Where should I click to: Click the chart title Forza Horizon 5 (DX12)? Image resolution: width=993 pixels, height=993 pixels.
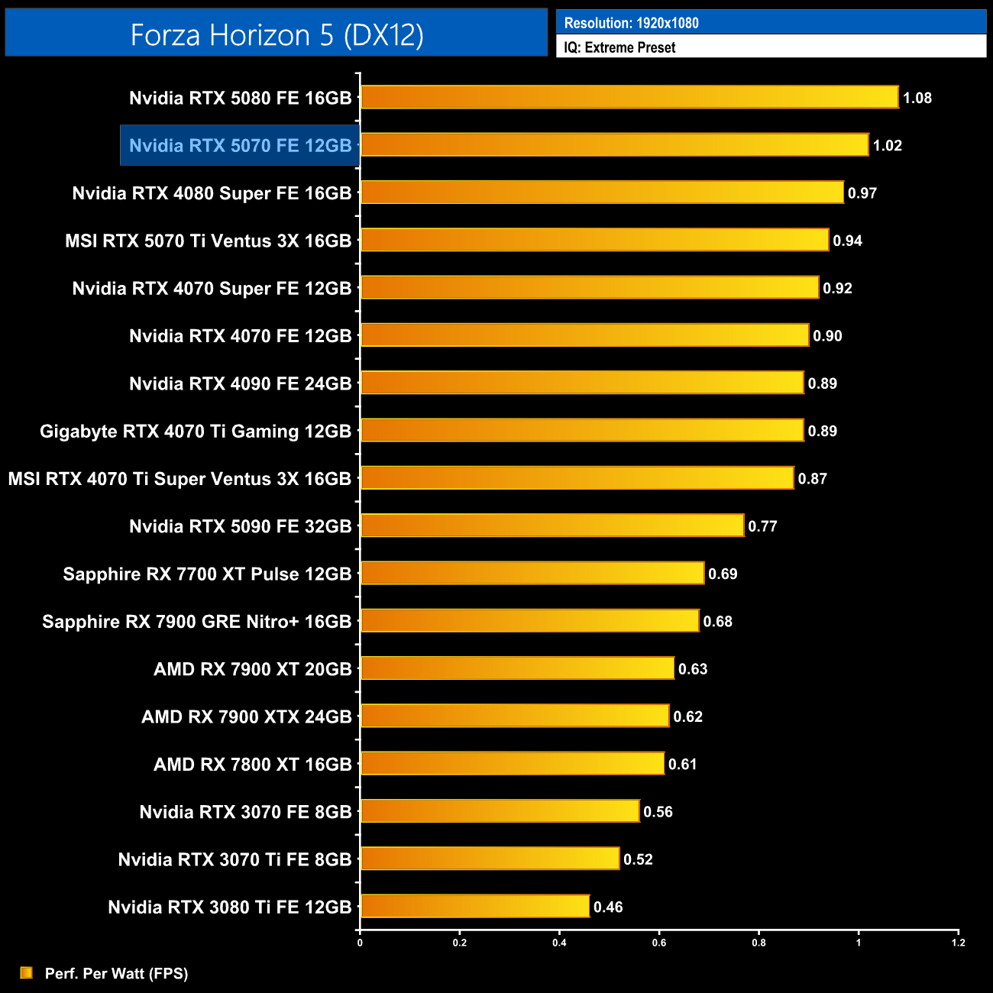click(x=277, y=35)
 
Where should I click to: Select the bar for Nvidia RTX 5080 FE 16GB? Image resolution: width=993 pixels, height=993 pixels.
click(x=629, y=98)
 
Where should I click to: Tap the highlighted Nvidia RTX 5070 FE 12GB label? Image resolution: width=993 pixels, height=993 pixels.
click(x=240, y=145)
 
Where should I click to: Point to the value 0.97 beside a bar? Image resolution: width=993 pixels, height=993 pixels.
click(x=862, y=193)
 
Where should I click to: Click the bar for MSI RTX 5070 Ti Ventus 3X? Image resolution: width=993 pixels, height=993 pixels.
click(x=594, y=241)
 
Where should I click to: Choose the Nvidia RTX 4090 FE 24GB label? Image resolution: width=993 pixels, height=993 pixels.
click(x=240, y=383)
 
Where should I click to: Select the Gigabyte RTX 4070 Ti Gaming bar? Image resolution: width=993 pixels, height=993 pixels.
click(x=582, y=431)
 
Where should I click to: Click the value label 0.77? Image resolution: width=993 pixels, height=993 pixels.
click(x=762, y=526)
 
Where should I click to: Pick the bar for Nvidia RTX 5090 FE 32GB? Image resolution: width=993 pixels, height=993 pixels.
click(x=551, y=526)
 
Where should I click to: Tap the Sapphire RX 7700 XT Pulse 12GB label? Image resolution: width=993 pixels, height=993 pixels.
click(x=207, y=574)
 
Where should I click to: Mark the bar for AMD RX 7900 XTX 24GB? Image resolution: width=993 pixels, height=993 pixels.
click(x=514, y=716)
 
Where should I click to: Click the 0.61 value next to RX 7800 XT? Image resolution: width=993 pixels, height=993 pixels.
click(x=682, y=764)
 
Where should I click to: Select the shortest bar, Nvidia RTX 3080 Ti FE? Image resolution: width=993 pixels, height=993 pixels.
click(x=474, y=907)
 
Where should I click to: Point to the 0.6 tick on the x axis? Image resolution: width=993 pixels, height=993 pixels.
click(x=659, y=943)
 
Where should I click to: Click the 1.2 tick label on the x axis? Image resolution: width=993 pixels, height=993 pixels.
click(x=958, y=943)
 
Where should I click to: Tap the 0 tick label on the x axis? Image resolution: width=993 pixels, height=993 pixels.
click(x=360, y=943)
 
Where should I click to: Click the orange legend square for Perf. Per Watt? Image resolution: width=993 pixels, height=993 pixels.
click(x=27, y=972)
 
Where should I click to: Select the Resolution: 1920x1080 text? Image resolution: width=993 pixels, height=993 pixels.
click(x=631, y=23)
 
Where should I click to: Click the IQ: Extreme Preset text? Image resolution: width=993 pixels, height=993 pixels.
click(x=619, y=47)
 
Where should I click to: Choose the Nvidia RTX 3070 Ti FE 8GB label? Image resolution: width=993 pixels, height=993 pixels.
click(x=235, y=859)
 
